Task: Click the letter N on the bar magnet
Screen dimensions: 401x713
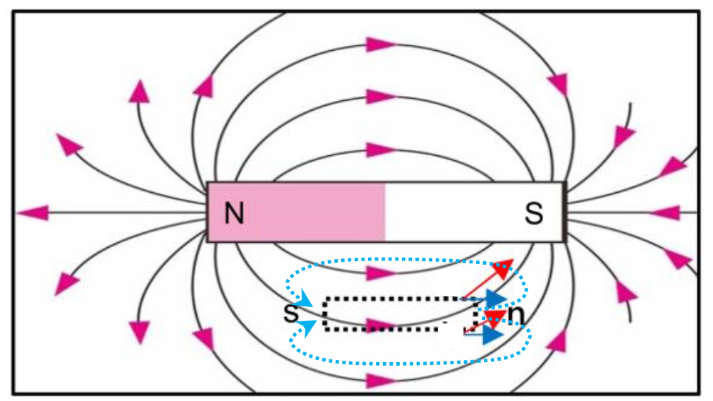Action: pos(234,213)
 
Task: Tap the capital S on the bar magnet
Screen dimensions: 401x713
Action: pos(534,213)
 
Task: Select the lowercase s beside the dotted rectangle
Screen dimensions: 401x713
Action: pos(291,312)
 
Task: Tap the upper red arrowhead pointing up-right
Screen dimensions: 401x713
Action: pos(503,268)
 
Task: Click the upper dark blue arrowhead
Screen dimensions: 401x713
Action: pos(496,299)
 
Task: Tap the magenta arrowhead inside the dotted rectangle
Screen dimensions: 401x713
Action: pos(380,325)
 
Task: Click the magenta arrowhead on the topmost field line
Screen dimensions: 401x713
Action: pos(379,44)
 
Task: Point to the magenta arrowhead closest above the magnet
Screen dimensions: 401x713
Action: pos(379,149)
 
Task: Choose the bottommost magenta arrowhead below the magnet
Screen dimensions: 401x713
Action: pos(379,381)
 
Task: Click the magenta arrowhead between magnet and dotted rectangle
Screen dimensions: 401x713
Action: pos(379,273)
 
